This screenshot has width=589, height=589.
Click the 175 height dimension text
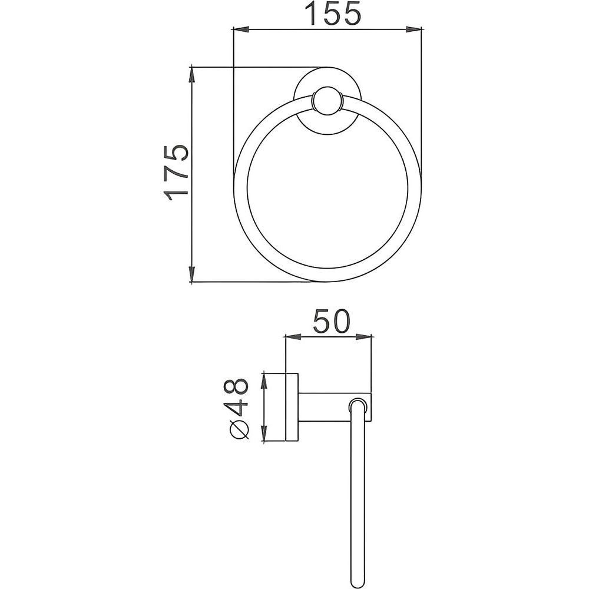tap(176, 173)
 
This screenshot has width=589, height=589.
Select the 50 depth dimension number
tap(331, 321)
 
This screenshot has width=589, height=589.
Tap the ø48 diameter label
tap(236, 409)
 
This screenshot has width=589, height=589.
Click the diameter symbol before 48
tap(236, 430)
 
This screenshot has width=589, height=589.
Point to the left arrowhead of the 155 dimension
tap(241, 29)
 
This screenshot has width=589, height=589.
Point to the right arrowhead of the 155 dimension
tap(414, 29)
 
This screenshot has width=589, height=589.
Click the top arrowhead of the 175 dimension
tap(192, 75)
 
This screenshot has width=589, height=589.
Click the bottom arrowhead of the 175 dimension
tap(192, 274)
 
